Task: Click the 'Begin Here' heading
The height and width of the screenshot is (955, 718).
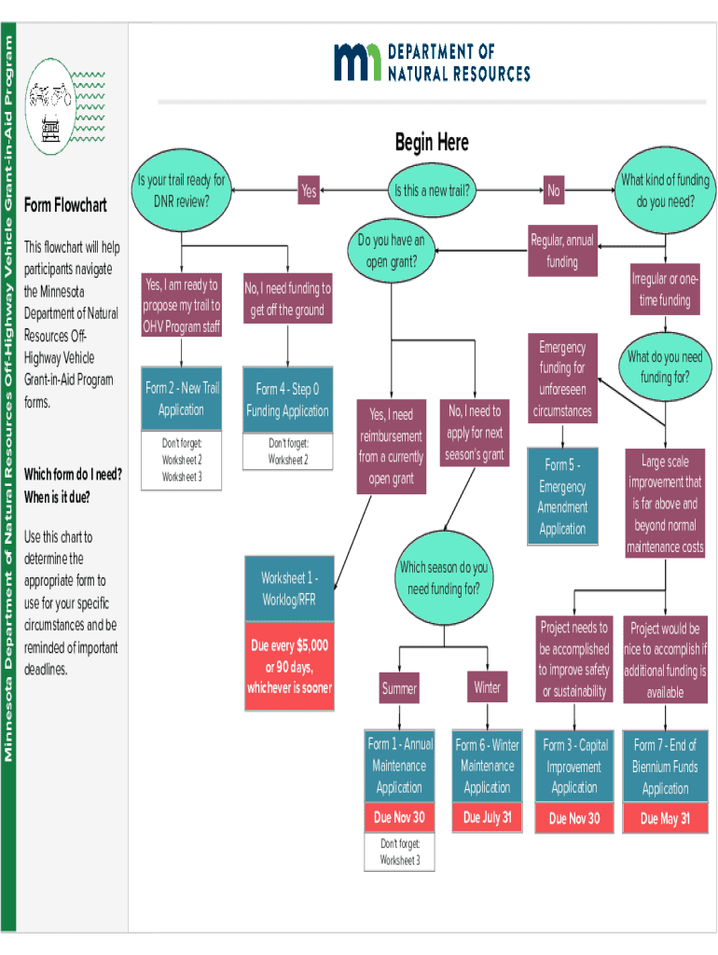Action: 431,143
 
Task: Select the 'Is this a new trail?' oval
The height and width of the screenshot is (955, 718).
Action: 431,191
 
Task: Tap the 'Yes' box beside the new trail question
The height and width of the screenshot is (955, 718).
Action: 310,191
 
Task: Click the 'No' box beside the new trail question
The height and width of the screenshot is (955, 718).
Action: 554,191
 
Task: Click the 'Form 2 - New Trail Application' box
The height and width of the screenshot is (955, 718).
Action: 181,400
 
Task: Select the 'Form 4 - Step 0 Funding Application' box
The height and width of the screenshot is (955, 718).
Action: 287,400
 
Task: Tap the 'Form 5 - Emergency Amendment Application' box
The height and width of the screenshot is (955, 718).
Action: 562,496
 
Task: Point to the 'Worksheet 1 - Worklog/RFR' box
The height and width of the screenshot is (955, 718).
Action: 289,588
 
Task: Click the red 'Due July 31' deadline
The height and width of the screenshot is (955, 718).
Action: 487,818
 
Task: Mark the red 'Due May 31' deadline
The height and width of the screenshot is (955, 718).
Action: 665,819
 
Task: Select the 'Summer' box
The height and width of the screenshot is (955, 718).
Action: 399,689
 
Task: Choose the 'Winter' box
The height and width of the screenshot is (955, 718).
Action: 487,688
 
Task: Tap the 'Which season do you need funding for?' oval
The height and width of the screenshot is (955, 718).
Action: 444,578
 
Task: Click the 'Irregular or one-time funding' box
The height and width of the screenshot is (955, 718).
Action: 665,290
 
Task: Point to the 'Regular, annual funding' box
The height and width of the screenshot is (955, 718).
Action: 561,251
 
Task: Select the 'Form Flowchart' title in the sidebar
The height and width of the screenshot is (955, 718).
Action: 65,205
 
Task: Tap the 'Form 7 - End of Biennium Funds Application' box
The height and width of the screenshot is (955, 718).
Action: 665,767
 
